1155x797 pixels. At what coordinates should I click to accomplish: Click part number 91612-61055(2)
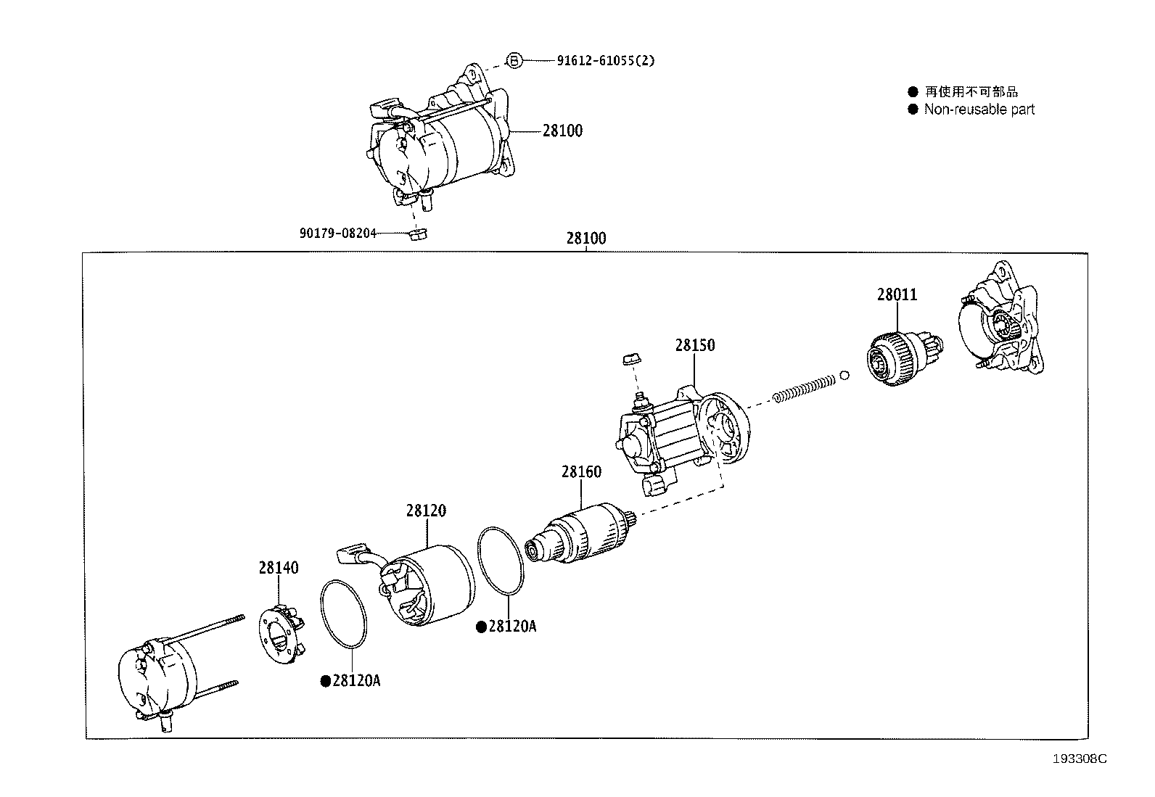[605, 61]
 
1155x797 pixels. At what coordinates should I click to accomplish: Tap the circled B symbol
[513, 61]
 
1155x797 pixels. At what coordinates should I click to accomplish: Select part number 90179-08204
[338, 233]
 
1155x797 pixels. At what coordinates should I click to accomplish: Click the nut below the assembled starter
[417, 234]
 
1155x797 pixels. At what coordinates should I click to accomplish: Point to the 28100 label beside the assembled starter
[562, 131]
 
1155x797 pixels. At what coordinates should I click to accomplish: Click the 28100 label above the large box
[586, 238]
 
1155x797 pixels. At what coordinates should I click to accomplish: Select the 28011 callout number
[897, 295]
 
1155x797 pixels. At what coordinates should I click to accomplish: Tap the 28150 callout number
[694, 345]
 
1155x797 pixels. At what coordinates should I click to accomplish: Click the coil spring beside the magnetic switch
[802, 389]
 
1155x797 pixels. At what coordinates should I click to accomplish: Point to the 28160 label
[580, 472]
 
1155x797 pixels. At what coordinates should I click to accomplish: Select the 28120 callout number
[426, 511]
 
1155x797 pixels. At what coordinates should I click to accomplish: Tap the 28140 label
[279, 568]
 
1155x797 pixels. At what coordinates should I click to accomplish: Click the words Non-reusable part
[979, 110]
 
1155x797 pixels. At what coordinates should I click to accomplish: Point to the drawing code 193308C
[1080, 759]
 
